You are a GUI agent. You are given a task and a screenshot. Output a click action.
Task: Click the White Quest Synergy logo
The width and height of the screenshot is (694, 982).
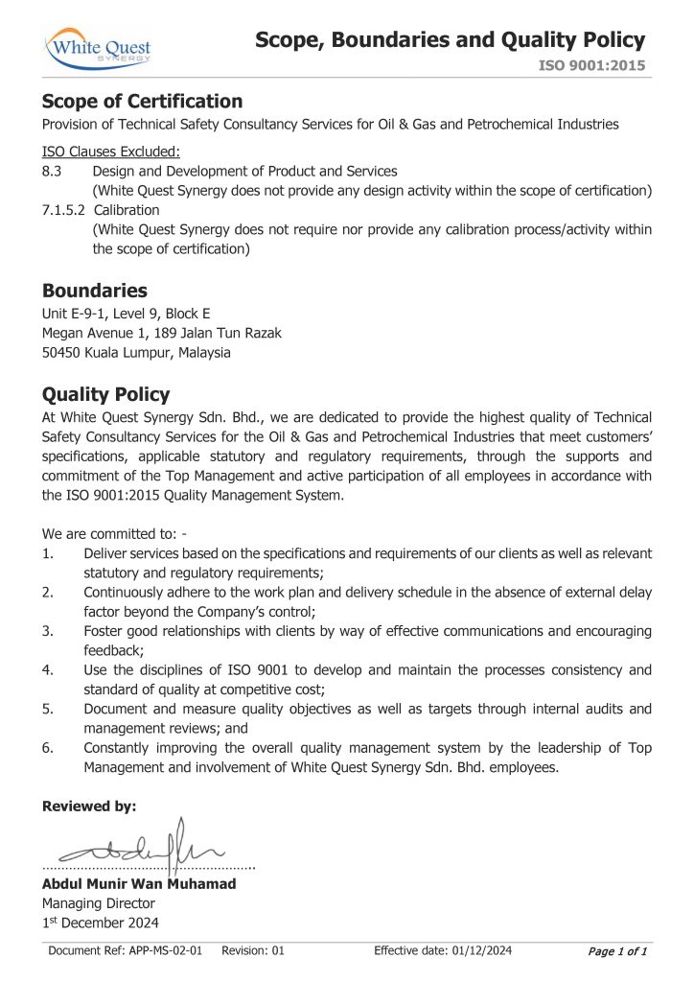pos(98,47)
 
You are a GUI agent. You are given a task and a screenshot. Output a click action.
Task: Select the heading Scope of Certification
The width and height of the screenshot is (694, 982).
pos(142,102)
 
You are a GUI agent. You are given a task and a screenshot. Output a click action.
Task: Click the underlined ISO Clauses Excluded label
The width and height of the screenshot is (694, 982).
pos(111,152)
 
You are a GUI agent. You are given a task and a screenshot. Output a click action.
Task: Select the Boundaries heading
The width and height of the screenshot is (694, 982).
pos(95,291)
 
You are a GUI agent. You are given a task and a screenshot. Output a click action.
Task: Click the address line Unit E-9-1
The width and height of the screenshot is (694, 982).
pos(127,314)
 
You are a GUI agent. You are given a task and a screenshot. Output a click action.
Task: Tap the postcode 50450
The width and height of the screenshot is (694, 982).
pos(61,352)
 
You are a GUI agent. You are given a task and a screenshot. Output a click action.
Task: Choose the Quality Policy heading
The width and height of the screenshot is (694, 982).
pos(106,394)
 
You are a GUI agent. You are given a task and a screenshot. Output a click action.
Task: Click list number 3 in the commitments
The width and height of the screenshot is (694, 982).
pos(48,630)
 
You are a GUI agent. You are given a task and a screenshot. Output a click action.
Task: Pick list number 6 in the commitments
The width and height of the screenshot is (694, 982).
pos(48,747)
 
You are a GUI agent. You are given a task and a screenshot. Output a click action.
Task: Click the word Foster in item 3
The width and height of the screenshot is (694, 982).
pos(104,630)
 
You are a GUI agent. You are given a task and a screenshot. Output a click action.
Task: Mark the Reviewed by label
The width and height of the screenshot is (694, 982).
pos(89,807)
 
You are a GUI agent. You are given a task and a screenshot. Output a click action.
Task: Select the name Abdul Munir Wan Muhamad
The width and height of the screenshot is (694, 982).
pos(139,883)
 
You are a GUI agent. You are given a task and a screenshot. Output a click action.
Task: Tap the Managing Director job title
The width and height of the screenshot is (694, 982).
pos(98,903)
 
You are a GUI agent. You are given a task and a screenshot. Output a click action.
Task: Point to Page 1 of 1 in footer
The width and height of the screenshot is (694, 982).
pos(617,951)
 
